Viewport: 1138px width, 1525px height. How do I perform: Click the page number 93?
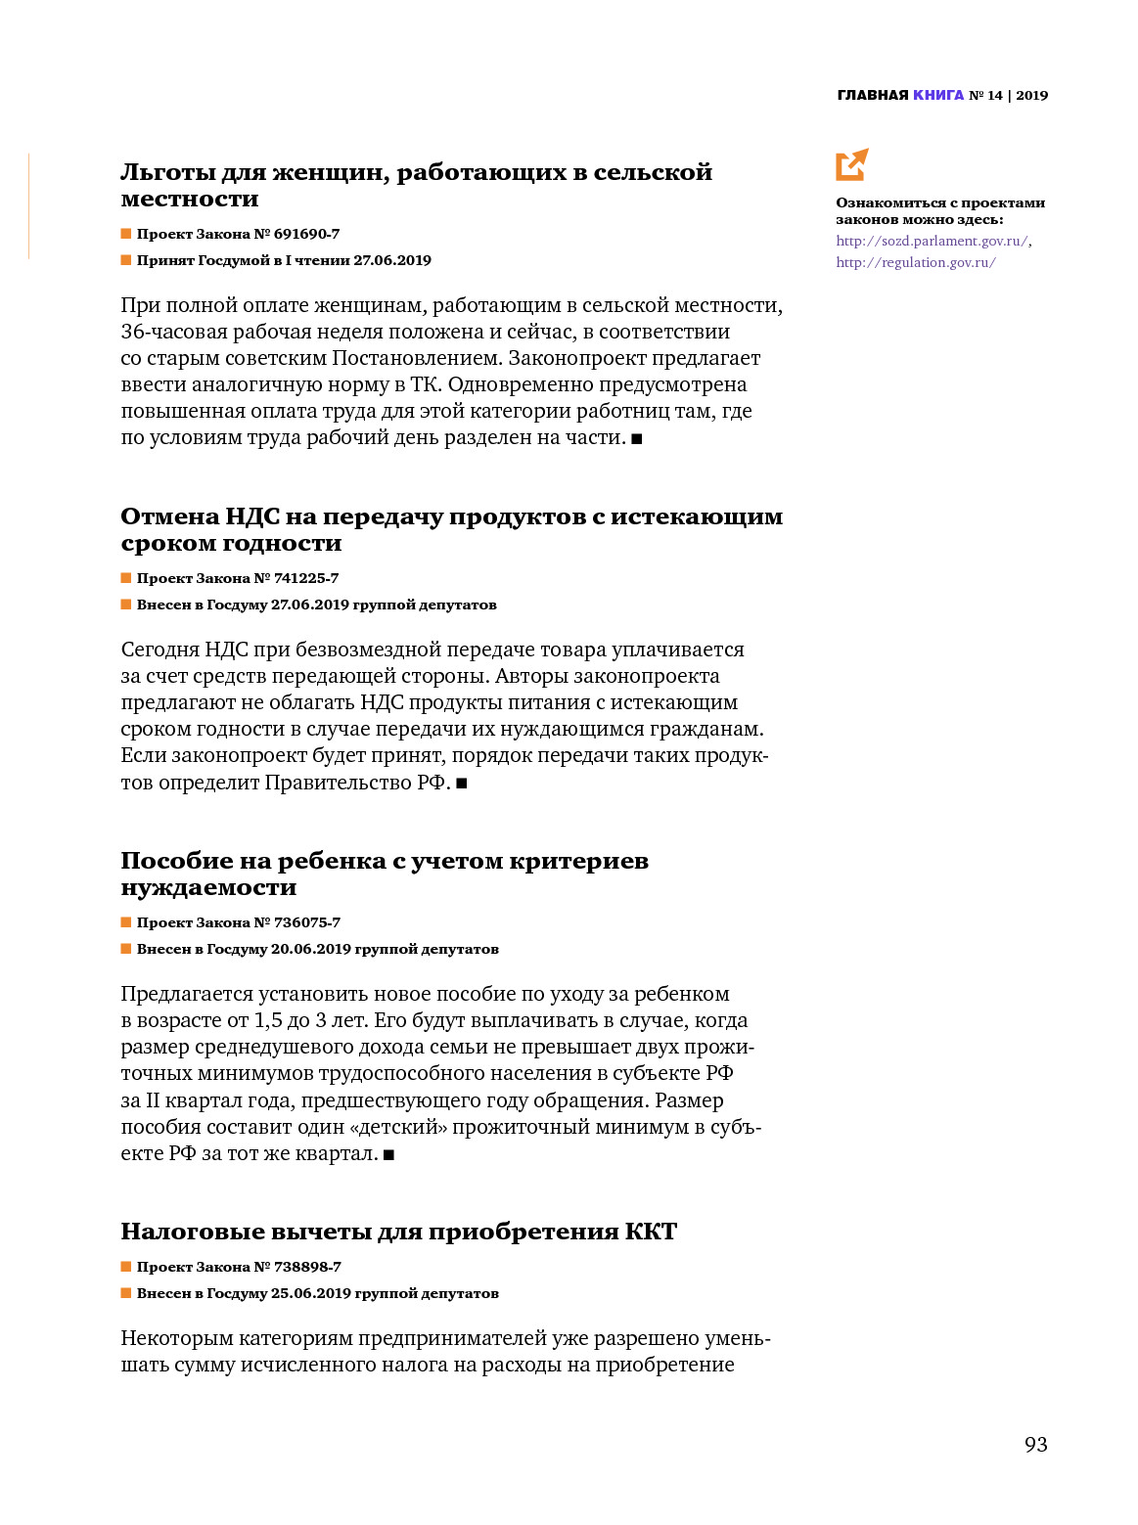coord(1035,1445)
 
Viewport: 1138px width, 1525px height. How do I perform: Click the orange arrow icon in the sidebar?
coord(851,164)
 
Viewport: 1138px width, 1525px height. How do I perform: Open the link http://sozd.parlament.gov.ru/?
coord(931,241)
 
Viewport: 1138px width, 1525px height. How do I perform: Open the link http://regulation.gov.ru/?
coord(915,262)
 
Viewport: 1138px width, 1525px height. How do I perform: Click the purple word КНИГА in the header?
coord(938,95)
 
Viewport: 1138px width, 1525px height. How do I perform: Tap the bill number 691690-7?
coord(306,234)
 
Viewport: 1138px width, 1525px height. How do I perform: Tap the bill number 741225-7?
coord(306,578)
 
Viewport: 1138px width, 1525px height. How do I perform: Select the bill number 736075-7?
coord(307,922)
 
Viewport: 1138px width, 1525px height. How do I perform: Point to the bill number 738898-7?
coord(307,1267)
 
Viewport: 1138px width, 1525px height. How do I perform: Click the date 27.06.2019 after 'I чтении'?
coord(391,260)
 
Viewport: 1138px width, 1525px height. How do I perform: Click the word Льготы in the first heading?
coord(166,173)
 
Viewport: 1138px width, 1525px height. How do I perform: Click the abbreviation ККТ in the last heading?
coord(651,1232)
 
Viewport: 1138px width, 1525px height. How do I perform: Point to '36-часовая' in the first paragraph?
coord(173,332)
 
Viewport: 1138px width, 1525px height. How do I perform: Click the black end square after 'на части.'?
coord(637,439)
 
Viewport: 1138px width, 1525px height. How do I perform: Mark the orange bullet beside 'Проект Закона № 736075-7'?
coord(126,922)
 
